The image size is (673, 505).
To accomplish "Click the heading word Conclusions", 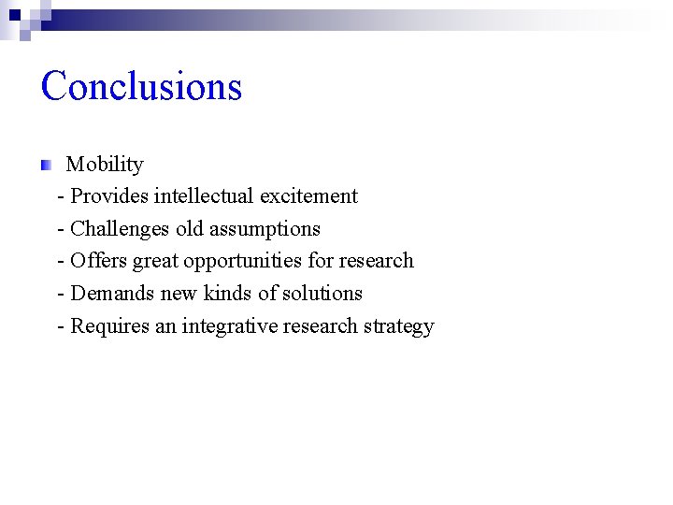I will point(141,86).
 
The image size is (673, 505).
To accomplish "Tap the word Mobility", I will point(105,165).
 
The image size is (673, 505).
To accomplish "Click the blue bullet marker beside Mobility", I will point(46,166).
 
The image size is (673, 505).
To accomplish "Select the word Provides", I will point(109,196).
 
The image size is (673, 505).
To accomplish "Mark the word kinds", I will point(227,294).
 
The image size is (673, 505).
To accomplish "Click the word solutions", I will point(321,294).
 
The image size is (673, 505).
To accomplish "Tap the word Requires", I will point(110,326).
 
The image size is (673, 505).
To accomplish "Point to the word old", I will point(190,229).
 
